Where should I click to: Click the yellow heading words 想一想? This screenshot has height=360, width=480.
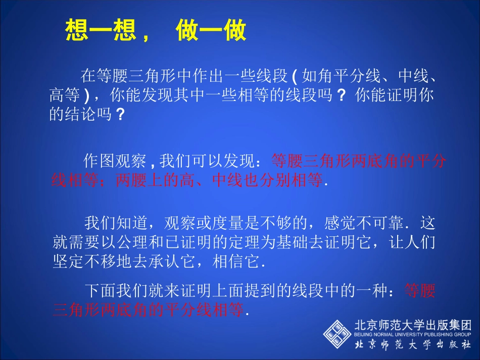101,31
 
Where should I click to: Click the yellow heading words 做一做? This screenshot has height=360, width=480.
211,31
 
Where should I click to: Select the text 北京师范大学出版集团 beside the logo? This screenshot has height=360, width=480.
413,325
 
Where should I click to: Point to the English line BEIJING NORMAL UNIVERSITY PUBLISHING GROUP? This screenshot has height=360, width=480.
413,334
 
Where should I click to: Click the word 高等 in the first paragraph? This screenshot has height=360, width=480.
65,95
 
